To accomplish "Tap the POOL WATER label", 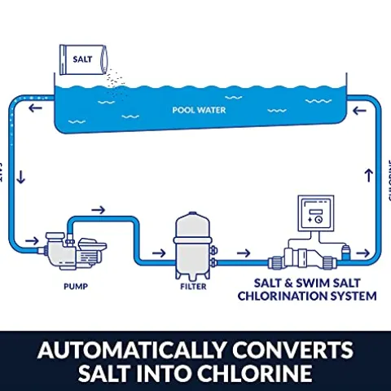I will (199, 108).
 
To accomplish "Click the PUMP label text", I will (76, 287).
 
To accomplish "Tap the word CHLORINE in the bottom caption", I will (259, 376).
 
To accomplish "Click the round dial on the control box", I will (319, 218).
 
